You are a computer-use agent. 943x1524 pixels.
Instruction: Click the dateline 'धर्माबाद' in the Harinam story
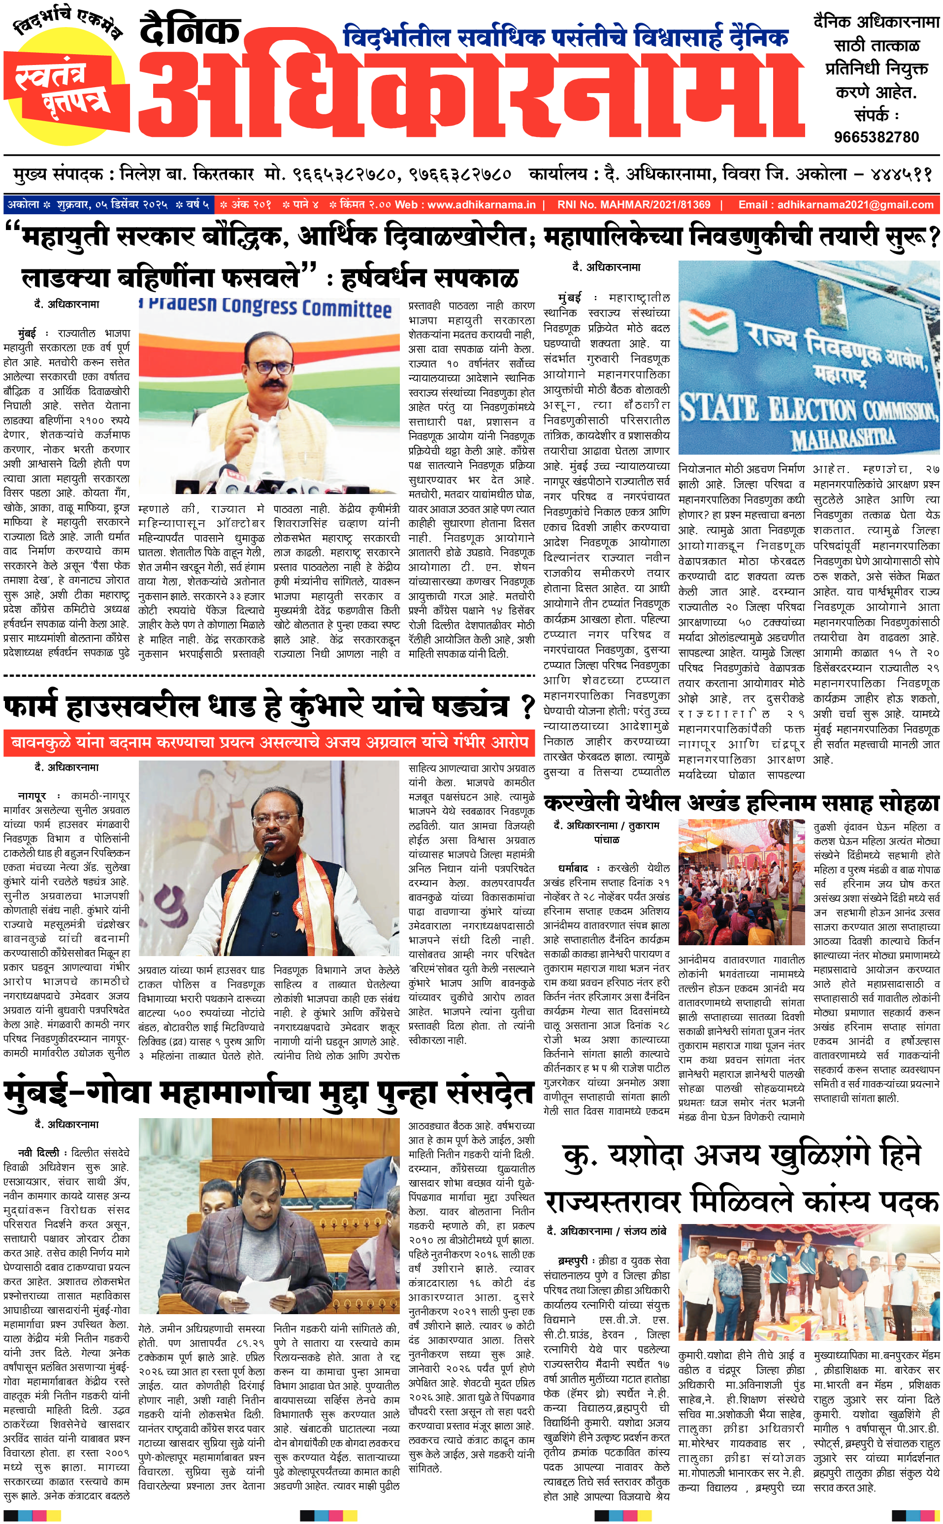click(x=573, y=868)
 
